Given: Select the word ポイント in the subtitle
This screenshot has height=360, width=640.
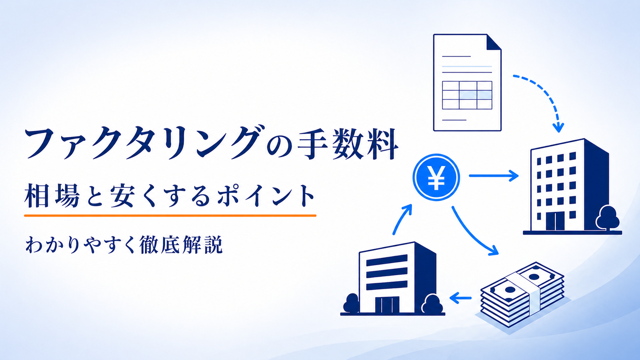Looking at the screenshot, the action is pyautogui.click(x=266, y=196).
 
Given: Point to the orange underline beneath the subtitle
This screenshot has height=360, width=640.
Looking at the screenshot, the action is pyautogui.click(x=170, y=215).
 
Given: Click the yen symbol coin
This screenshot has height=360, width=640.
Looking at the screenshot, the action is pyautogui.click(x=436, y=177).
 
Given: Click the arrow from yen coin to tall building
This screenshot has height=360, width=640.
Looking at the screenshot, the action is pyautogui.click(x=494, y=176).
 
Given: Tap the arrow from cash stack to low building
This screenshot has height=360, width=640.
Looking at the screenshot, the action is pyautogui.click(x=460, y=298).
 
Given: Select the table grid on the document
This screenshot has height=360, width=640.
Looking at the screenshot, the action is pyautogui.click(x=467, y=95).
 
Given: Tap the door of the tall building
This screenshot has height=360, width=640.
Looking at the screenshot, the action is pyautogui.click(x=555, y=221).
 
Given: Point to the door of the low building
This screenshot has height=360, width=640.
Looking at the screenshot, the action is pyautogui.click(x=387, y=305).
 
